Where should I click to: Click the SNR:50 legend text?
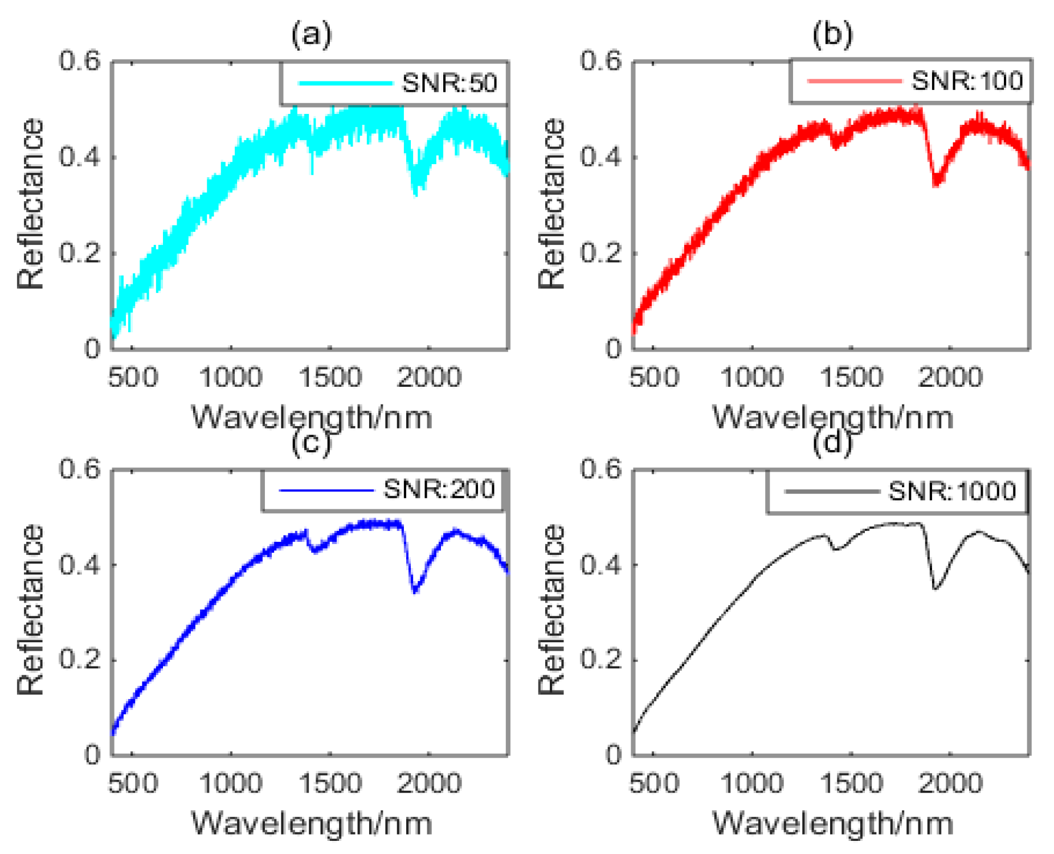pyautogui.click(x=449, y=83)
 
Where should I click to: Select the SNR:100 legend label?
pyautogui.click(x=967, y=80)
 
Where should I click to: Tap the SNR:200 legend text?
pyautogui.click(x=439, y=489)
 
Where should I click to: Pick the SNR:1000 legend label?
pyautogui.click(x=952, y=491)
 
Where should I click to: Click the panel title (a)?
pyautogui.click(x=311, y=34)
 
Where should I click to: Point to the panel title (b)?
pyautogui.click(x=832, y=34)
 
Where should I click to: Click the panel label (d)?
pyautogui.click(x=832, y=443)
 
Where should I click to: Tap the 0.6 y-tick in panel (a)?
pyautogui.click(x=79, y=60)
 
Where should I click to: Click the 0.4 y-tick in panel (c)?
pyautogui.click(x=79, y=565)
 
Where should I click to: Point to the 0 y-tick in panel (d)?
pyautogui.click(x=613, y=755)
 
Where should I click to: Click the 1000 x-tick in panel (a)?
pyautogui.click(x=231, y=377)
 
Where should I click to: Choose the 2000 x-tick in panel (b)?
pyautogui.click(x=950, y=377)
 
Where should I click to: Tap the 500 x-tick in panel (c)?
pyautogui.click(x=133, y=783)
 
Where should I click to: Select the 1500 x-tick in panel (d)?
pyautogui.click(x=851, y=783)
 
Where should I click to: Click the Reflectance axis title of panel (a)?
pyautogui.click(x=30, y=204)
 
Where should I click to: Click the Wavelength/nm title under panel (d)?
pyautogui.click(x=832, y=823)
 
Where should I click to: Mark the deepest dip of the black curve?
pyautogui.click(x=935, y=588)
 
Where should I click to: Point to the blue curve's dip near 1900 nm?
pyautogui.click(x=415, y=590)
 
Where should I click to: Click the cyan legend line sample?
pyautogui.click(x=345, y=83)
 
